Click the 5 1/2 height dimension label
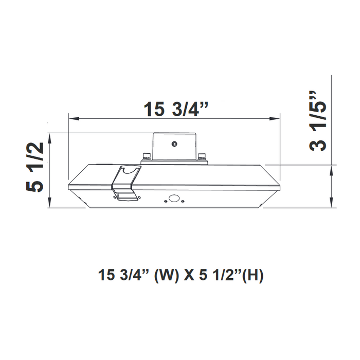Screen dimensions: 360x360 coord(35,168)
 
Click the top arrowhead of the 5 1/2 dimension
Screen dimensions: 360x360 coord(49,137)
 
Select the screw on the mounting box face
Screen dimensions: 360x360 coord(175,146)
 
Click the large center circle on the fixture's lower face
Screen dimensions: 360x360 coord(173,198)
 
